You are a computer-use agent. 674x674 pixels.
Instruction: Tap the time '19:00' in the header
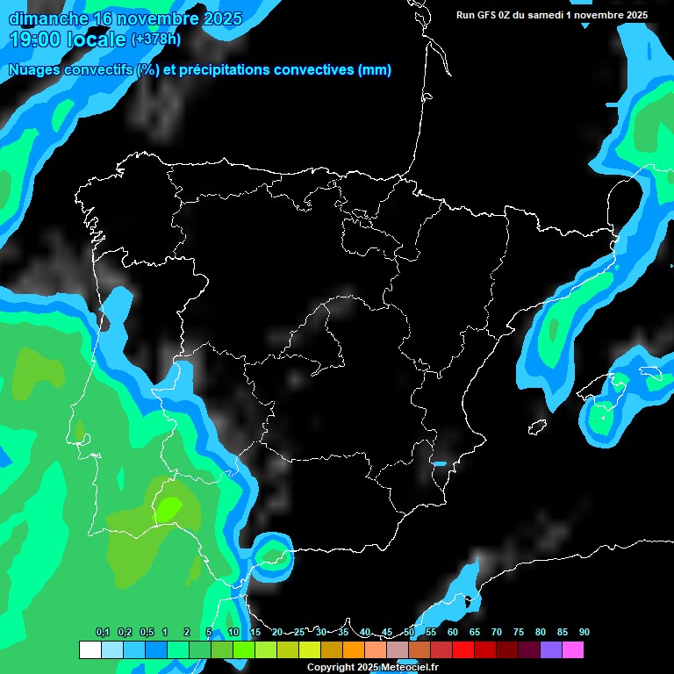[36, 39]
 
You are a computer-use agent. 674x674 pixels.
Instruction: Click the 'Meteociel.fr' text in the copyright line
[410, 668]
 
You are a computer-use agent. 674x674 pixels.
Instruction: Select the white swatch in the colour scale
[90, 650]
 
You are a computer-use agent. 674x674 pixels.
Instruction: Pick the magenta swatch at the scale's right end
[572, 650]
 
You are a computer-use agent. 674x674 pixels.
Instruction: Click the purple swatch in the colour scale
[550, 650]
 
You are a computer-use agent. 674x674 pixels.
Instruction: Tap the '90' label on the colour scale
[584, 633]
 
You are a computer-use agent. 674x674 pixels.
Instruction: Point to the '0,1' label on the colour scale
[103, 633]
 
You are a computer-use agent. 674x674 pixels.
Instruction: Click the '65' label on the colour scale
[475, 633]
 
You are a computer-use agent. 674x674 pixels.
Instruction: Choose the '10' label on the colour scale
[233, 633]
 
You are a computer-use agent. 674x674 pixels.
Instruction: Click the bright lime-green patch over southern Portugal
[168, 507]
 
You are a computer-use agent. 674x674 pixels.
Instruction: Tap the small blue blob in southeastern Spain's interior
[440, 463]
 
